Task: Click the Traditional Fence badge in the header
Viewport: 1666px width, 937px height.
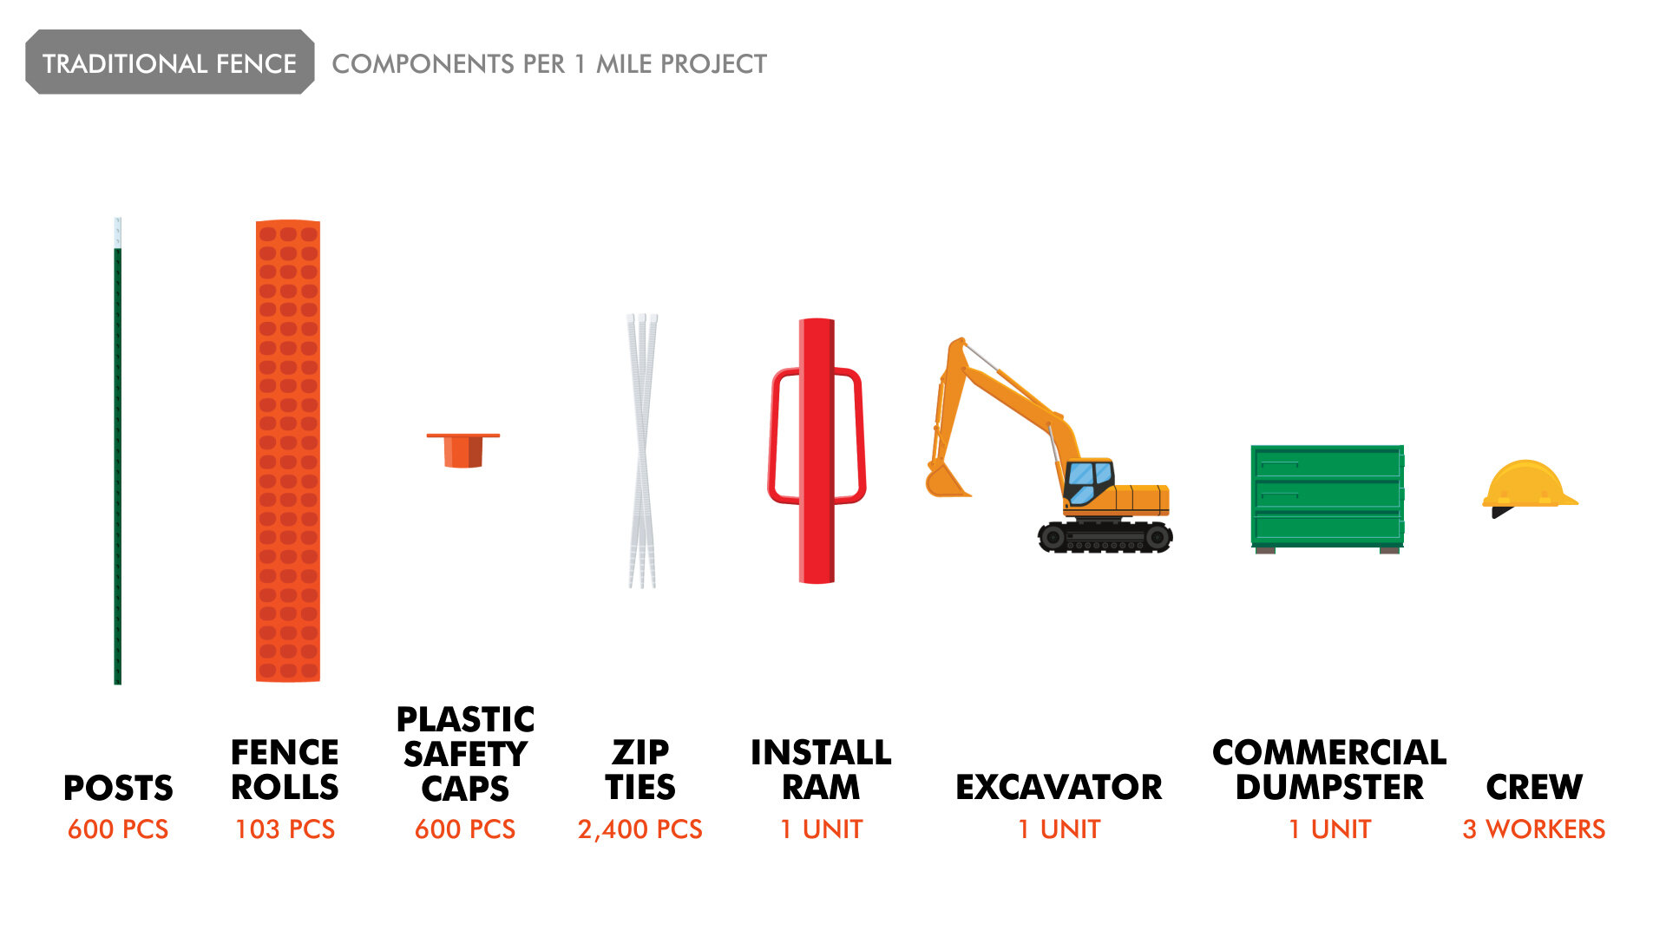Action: click(170, 62)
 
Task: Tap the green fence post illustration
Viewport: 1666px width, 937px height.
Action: click(118, 451)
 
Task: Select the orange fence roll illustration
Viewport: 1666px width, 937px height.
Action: click(288, 451)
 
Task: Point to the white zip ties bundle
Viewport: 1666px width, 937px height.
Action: click(642, 451)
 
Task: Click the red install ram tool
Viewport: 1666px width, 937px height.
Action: click(817, 451)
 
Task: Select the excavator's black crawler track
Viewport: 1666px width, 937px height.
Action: click(1105, 536)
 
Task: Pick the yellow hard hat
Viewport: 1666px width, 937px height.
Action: click(1530, 488)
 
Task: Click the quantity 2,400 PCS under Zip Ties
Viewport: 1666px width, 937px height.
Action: click(640, 829)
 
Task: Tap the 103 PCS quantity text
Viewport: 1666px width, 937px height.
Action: click(285, 829)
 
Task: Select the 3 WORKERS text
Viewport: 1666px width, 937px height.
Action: click(1533, 829)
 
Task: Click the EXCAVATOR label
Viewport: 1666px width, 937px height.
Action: click(1059, 788)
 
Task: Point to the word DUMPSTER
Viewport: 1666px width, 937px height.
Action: click(1329, 788)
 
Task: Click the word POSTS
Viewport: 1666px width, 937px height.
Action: click(118, 788)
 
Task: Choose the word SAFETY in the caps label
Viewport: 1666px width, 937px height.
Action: click(465, 754)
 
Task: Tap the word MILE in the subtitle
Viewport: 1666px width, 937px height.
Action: click(624, 63)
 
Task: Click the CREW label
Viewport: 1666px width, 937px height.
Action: click(1534, 788)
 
